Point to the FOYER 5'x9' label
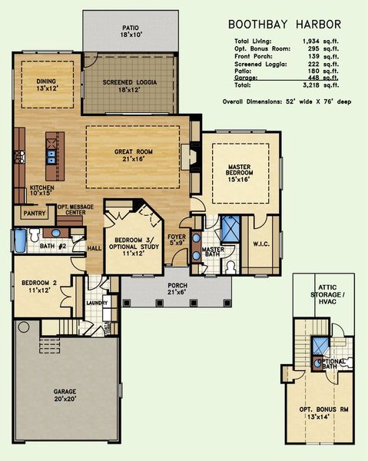coord(177,240)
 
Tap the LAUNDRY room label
coord(97,303)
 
